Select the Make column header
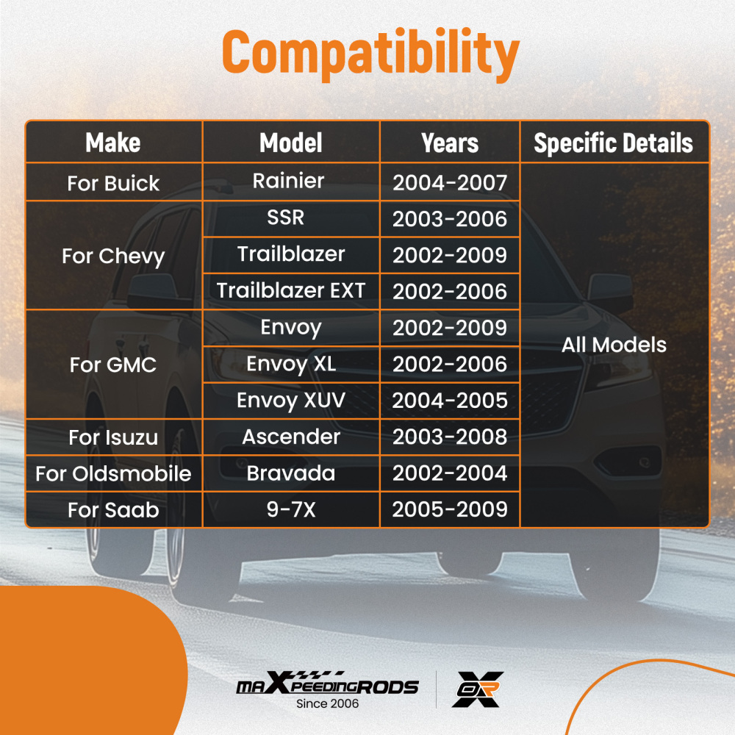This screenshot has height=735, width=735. click(113, 143)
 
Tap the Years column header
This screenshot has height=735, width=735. click(450, 143)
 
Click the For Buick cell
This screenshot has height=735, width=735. click(113, 183)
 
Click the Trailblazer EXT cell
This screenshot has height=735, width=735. click(290, 290)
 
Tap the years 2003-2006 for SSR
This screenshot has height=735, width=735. click(450, 219)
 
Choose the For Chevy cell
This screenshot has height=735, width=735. click(113, 257)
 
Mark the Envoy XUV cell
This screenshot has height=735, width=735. click(290, 401)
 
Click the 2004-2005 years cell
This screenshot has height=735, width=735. click(450, 401)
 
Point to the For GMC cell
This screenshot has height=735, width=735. click(113, 365)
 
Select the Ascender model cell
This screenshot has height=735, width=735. click(290, 437)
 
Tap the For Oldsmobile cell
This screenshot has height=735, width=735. click(113, 473)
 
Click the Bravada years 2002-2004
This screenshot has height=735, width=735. click(450, 473)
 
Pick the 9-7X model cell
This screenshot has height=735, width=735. click(290, 509)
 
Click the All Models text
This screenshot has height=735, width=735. click(614, 345)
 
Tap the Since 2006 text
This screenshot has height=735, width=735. click(327, 703)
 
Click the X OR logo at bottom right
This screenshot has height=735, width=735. click(478, 689)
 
